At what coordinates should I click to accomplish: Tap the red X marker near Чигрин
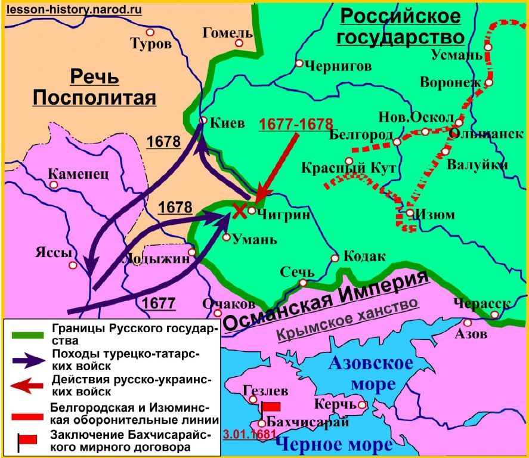tap(239, 211)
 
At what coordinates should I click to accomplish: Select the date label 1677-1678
tap(296, 124)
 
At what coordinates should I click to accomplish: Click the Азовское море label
tap(370, 372)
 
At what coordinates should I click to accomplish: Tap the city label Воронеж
tap(450, 82)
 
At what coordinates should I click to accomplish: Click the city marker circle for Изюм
tap(410, 213)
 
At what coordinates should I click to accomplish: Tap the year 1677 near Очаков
tap(159, 303)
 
